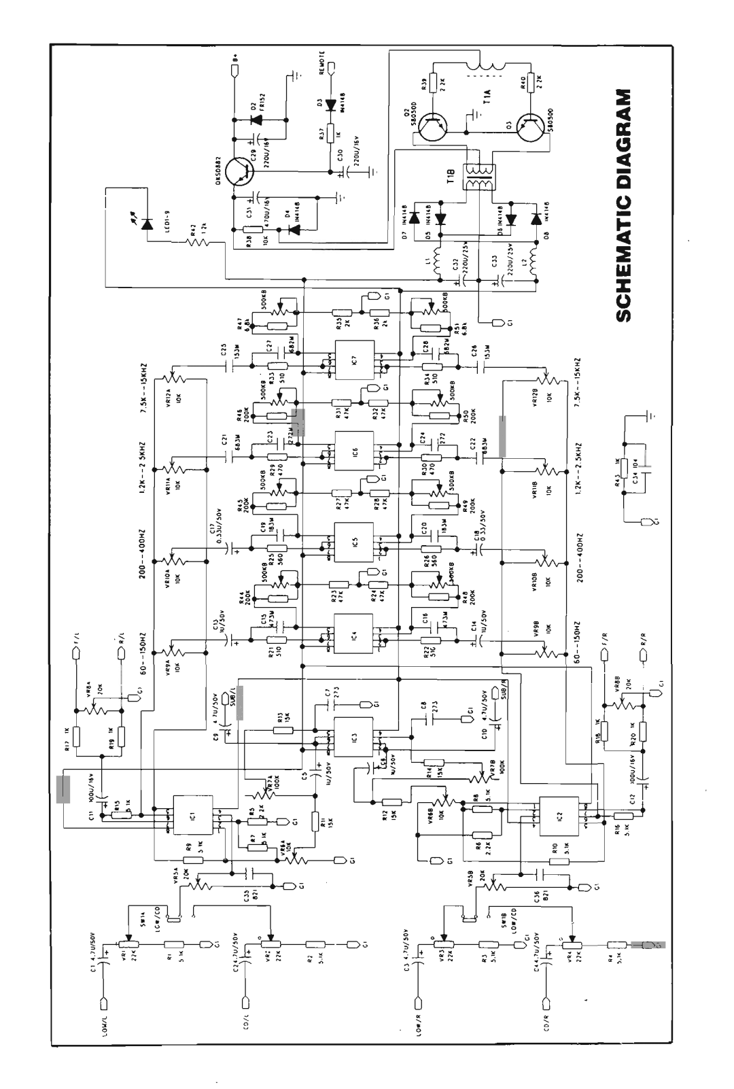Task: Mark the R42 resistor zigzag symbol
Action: [195, 241]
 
